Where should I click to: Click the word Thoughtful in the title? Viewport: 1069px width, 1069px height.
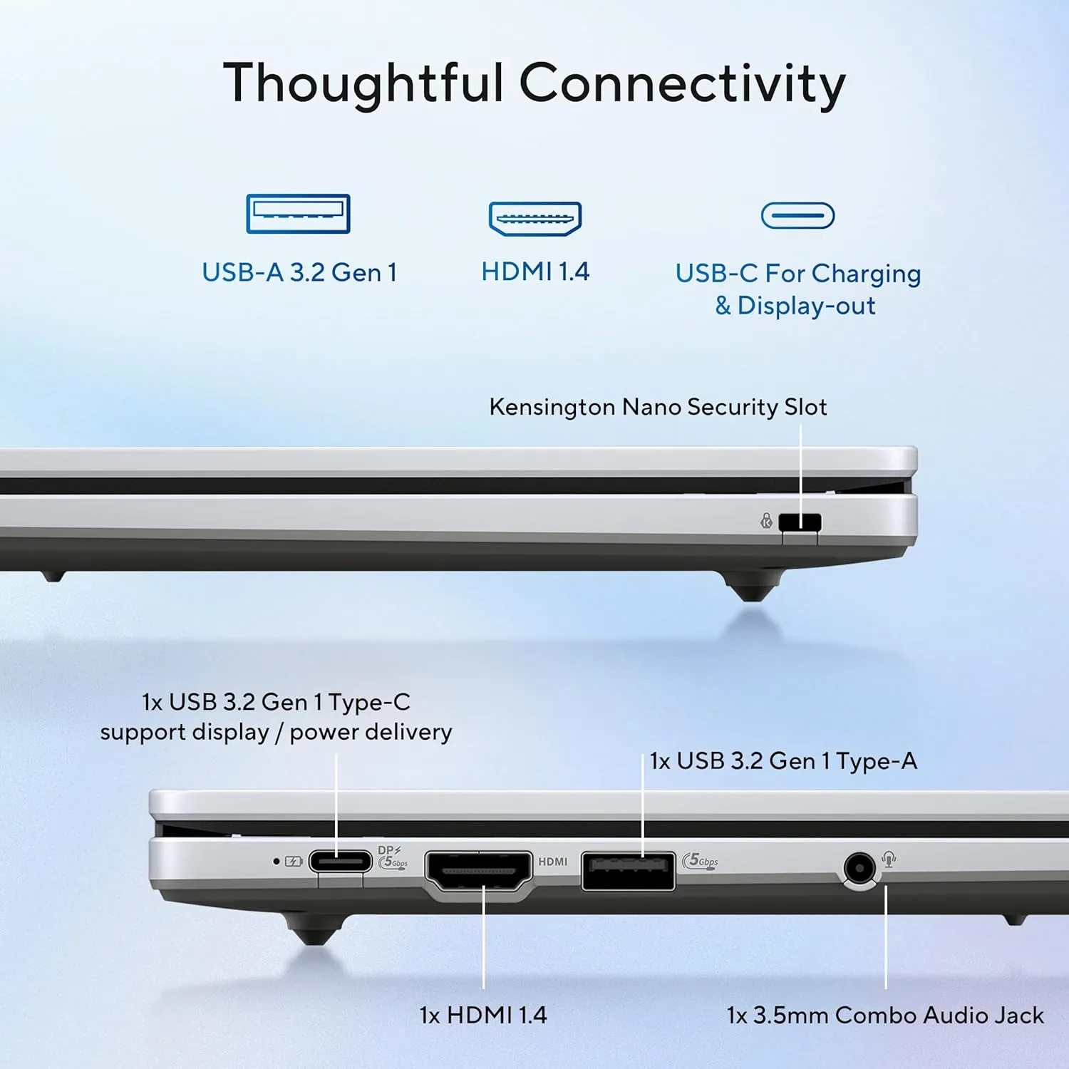[x=363, y=84]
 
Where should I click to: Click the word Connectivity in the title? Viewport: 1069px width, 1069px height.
[x=683, y=84]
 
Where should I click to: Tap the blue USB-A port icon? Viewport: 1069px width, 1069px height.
[x=298, y=213]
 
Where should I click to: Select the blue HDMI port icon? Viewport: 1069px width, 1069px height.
[x=535, y=219]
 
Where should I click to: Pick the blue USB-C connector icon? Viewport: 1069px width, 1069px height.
[x=797, y=215]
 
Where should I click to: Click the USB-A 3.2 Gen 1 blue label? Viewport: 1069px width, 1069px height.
[x=299, y=272]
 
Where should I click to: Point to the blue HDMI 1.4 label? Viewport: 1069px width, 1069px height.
[x=535, y=272]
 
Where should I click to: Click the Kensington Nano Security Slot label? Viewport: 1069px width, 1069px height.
[x=658, y=407]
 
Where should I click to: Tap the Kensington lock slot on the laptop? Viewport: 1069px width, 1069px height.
[x=800, y=522]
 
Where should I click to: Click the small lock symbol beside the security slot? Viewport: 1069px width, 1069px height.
[x=766, y=521]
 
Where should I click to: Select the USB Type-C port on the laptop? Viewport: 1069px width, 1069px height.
[x=340, y=862]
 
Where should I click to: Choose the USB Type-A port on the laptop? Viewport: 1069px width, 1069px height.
[x=628, y=871]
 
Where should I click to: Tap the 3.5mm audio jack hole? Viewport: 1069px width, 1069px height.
[x=859, y=869]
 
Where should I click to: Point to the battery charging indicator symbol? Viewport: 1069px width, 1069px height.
[x=294, y=862]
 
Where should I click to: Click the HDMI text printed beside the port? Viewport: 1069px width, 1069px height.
[x=553, y=862]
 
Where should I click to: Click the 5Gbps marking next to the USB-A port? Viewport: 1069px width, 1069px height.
[x=701, y=861]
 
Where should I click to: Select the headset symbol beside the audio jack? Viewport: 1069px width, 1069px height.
[x=889, y=859]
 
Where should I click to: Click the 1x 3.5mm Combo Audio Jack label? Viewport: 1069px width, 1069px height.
[x=885, y=1015]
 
